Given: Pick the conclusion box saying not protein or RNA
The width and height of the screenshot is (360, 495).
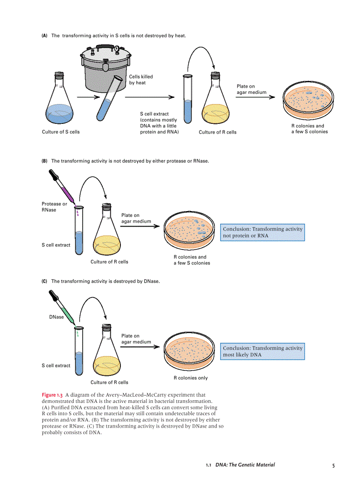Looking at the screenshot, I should click(x=262, y=232).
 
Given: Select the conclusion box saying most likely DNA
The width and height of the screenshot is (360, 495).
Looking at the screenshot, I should click(x=262, y=351).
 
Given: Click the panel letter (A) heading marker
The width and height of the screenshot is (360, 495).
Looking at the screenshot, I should click(x=45, y=36).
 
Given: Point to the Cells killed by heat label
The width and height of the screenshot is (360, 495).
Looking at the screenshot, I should click(x=141, y=80).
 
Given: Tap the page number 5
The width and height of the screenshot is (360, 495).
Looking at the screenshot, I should click(x=334, y=465).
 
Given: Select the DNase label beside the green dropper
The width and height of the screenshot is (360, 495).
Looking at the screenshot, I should click(x=56, y=317).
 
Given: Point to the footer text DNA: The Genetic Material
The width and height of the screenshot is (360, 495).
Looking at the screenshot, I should click(x=245, y=465).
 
